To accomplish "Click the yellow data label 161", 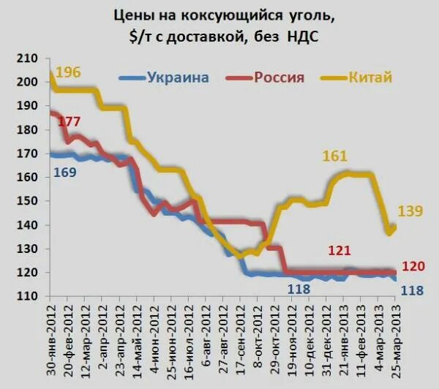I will tap(334, 156).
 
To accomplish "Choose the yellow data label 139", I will tap(410, 212).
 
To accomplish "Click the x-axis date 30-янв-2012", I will tap(52, 340).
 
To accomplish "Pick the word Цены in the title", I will tap(132, 14).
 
